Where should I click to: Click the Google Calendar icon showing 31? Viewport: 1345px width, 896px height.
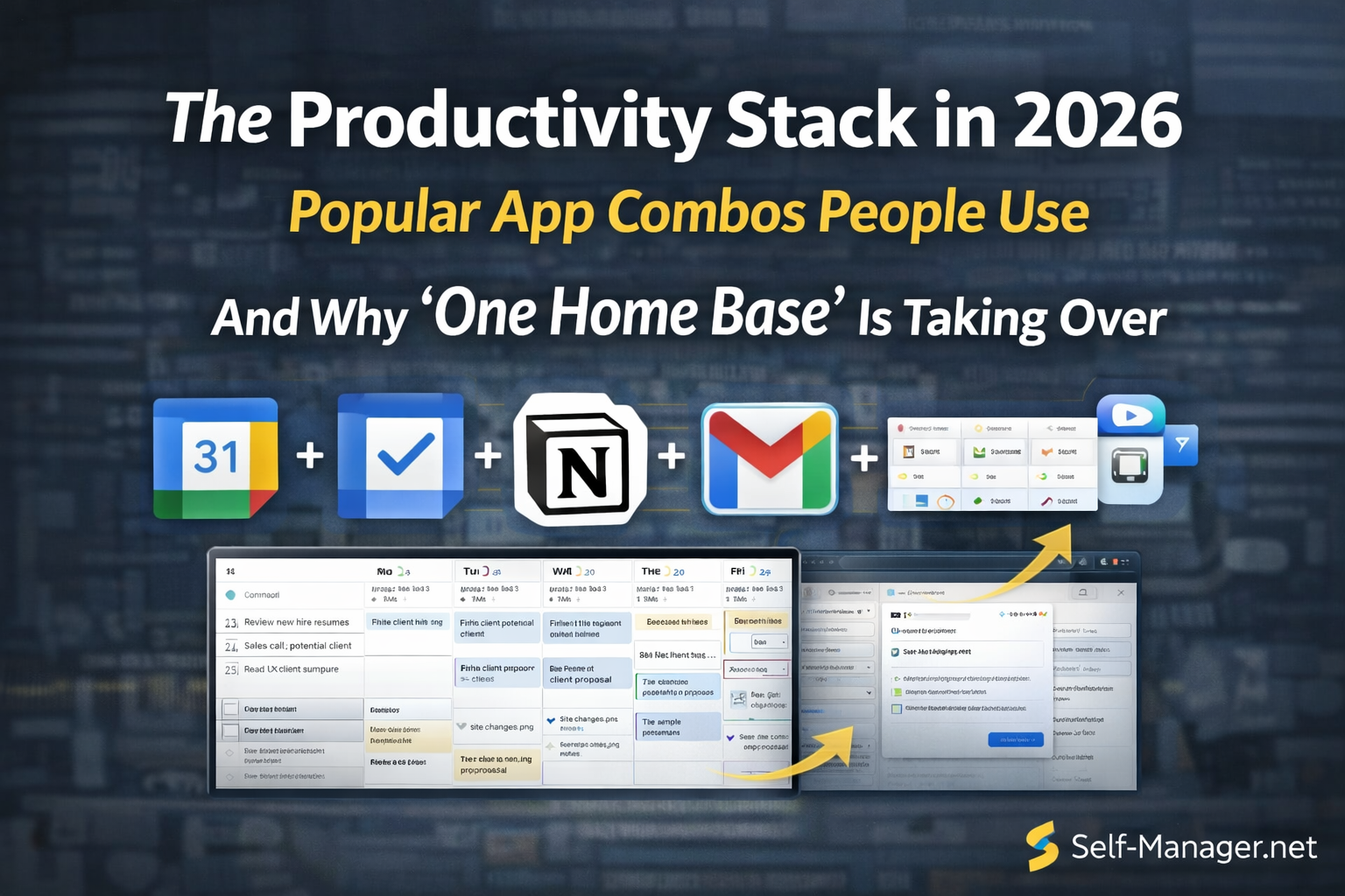215,458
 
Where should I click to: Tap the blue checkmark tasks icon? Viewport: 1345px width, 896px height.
401,456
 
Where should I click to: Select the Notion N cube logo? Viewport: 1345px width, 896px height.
580,459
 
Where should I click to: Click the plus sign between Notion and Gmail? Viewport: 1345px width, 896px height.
671,456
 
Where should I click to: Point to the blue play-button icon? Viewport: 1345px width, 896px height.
1130,416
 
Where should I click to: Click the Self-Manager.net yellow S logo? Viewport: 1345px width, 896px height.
1042,845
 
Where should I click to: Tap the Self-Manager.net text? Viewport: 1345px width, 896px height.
1194,847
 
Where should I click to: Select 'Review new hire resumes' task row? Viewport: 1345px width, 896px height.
296,622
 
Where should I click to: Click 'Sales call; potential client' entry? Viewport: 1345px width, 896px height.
297,646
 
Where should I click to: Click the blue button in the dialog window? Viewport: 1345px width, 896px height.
1015,739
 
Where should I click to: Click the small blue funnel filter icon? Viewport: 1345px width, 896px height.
1182,444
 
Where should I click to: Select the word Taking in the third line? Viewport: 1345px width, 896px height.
975,318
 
